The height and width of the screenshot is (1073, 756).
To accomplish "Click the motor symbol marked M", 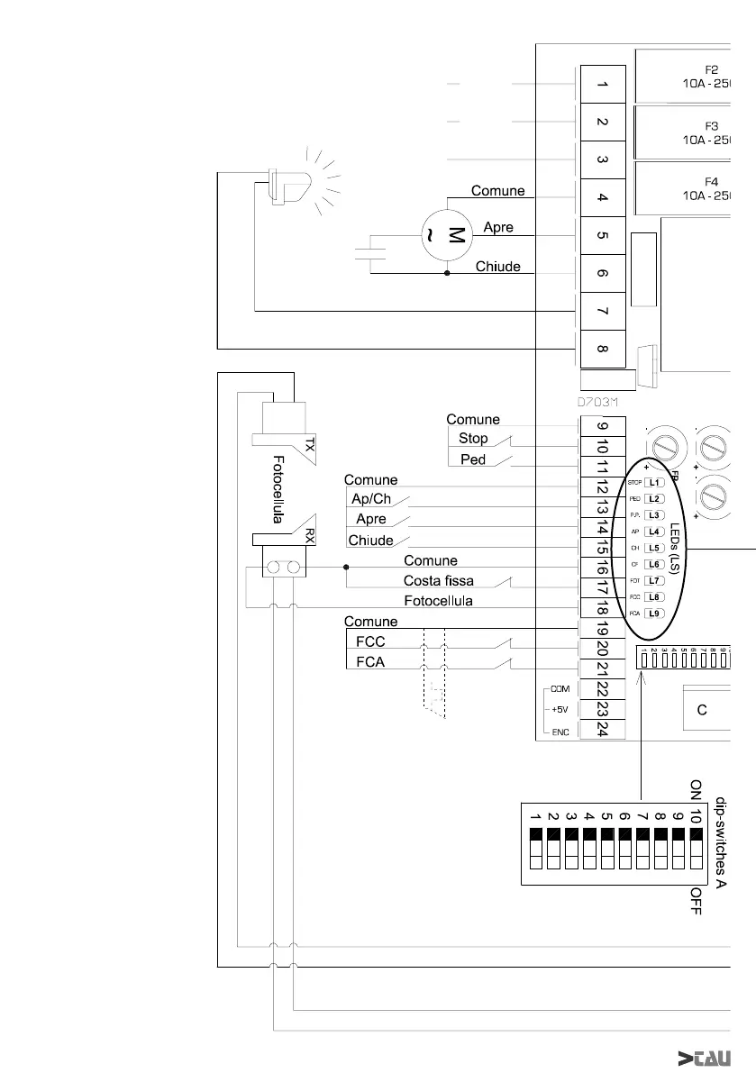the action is point(448,237).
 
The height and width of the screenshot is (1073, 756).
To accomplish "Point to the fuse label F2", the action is point(711,68).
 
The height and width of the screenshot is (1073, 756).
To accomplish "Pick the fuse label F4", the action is point(711,181).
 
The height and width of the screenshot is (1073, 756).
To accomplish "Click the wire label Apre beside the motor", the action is point(498,227).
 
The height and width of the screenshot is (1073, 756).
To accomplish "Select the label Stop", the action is point(473,439).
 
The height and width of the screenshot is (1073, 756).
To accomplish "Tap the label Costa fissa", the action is point(439,580).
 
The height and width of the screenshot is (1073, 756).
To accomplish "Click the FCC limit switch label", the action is point(370,643).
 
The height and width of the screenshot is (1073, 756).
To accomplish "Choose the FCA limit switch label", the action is point(370,663).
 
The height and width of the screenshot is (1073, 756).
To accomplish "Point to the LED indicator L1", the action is point(656,484).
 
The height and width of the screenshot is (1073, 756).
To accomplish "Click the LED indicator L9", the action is point(656,614).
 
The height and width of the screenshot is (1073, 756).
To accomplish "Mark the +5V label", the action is point(559,709).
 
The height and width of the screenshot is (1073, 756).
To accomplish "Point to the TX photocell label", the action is point(309,445).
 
